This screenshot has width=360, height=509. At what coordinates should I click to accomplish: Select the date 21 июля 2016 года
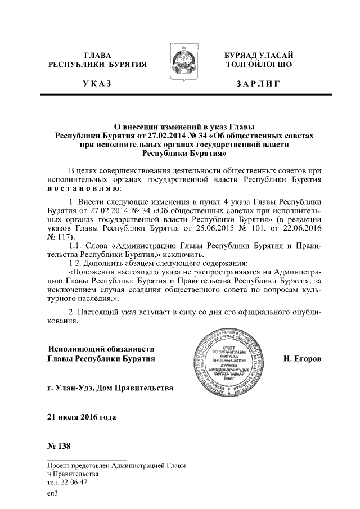pyautogui.click(x=83, y=417)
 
